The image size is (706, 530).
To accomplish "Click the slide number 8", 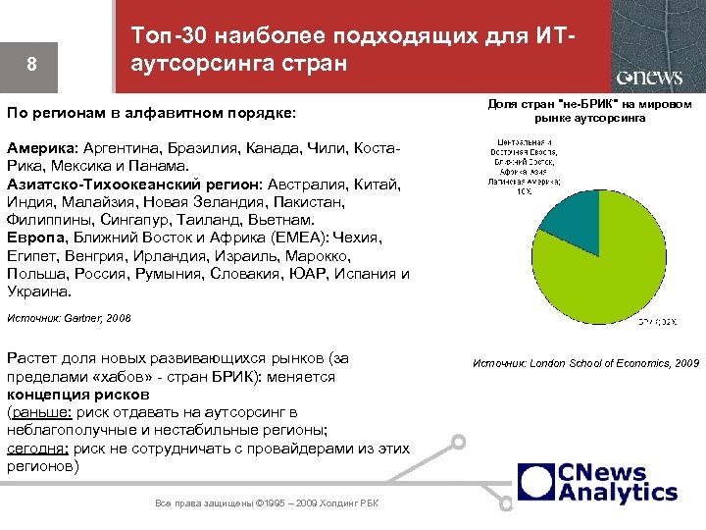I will pos(32,65).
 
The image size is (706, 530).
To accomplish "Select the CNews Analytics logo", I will pos(597,482).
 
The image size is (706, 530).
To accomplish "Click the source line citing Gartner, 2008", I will pos(69,318).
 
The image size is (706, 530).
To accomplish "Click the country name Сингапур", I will pos(128,220).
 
